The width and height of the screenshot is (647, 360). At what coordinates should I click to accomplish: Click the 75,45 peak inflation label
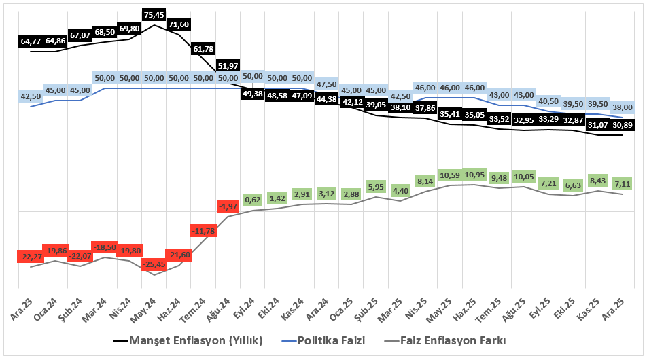point(154,14)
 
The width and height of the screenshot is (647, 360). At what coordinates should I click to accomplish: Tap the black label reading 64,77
point(31,41)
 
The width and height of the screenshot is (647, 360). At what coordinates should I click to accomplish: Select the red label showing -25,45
point(154,264)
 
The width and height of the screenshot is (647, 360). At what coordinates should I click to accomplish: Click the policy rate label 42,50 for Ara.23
point(31,96)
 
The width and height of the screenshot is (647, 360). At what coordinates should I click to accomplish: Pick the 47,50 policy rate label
point(327,84)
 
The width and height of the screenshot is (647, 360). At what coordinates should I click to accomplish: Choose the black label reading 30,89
point(623,125)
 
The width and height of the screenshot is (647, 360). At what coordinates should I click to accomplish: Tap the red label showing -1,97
point(228,206)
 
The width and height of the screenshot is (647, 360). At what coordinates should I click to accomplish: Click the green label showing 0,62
point(253,200)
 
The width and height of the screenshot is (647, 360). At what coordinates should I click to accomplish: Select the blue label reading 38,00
point(623,107)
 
